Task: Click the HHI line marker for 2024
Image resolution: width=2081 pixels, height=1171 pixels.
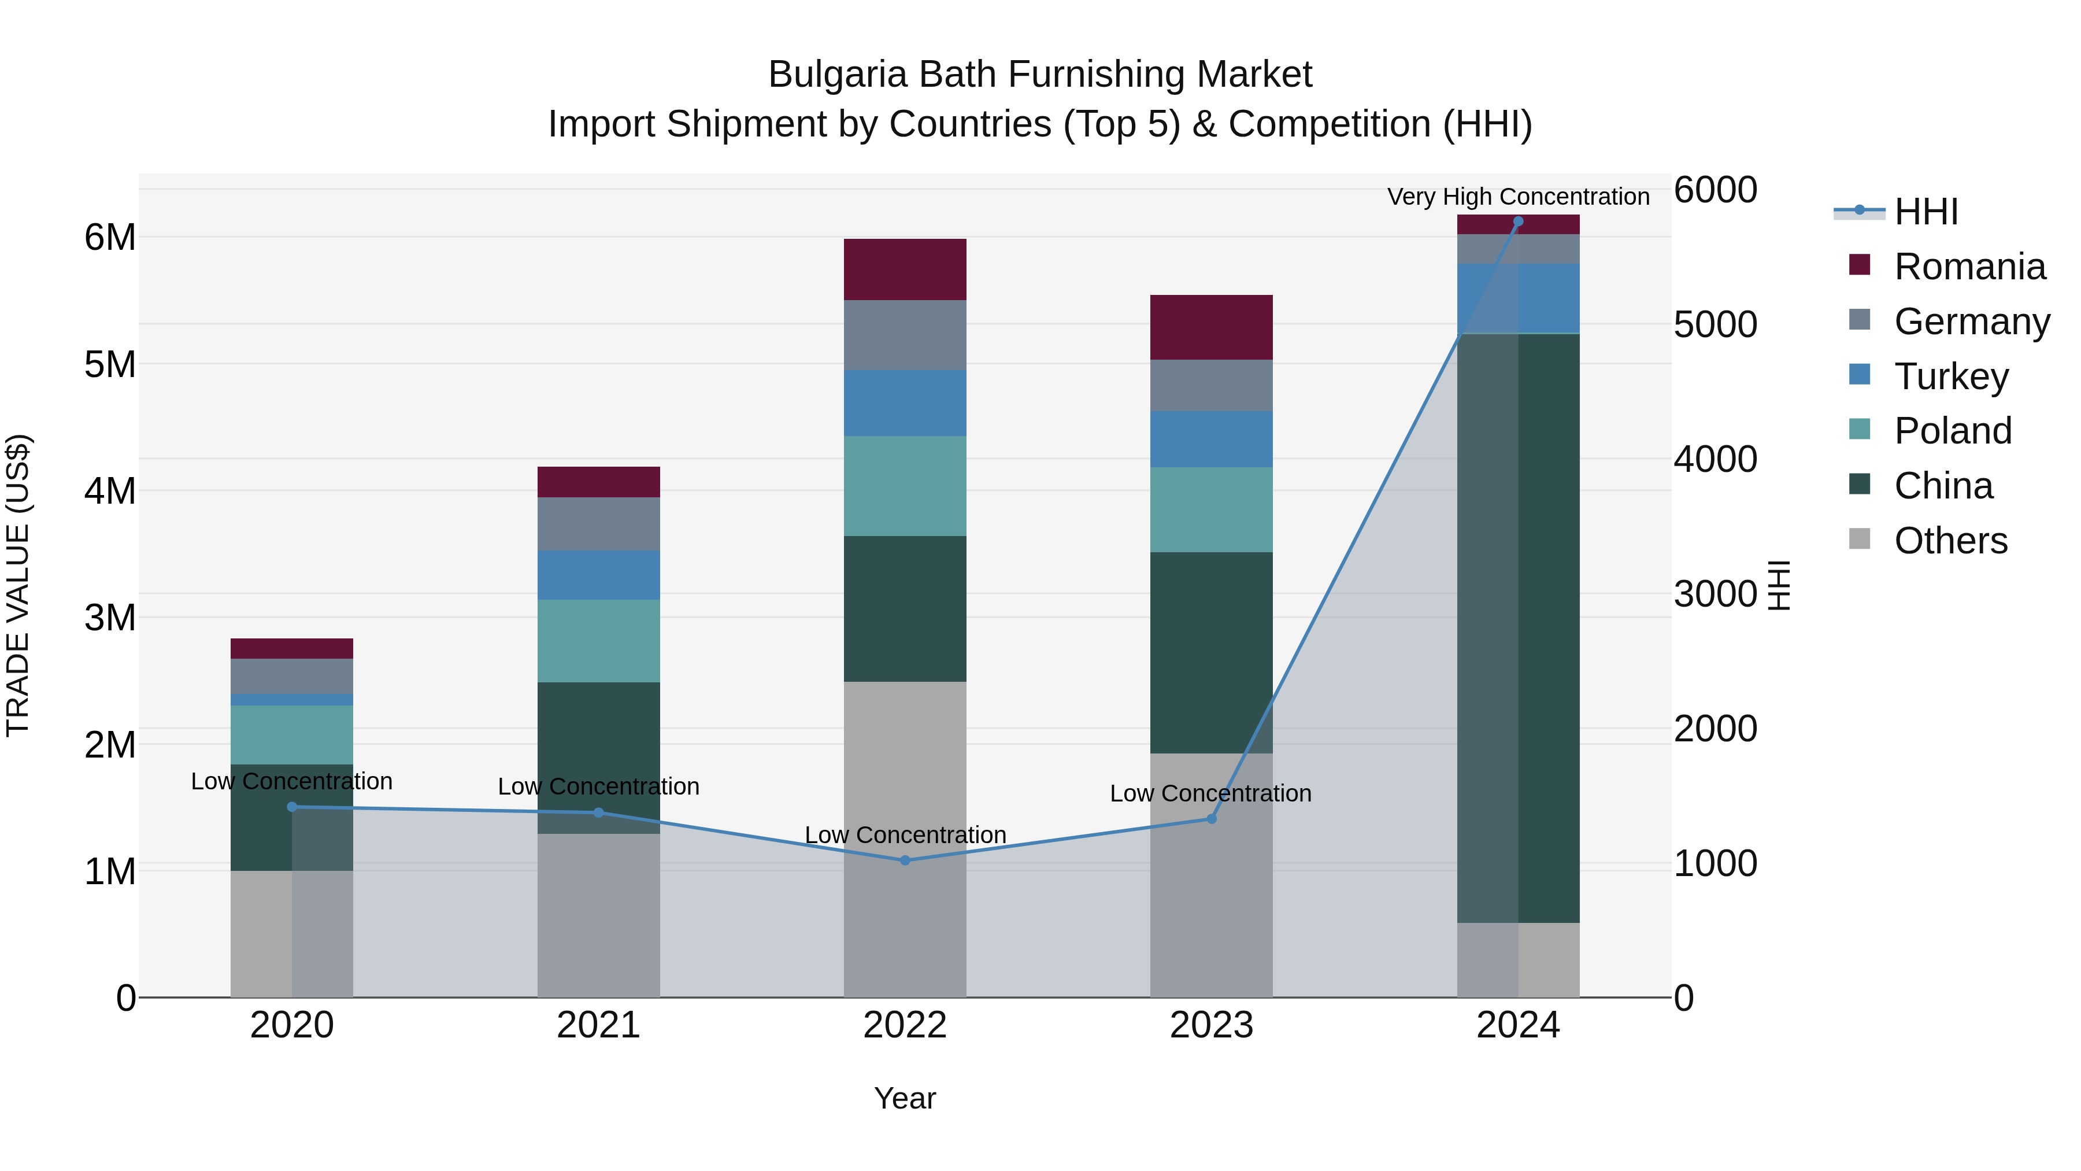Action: [x=1518, y=221]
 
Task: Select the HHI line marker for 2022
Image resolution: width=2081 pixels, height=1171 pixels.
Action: [x=905, y=860]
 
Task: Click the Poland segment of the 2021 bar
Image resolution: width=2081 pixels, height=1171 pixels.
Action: [x=599, y=641]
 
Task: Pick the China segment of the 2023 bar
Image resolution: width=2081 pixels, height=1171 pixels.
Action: [x=1211, y=652]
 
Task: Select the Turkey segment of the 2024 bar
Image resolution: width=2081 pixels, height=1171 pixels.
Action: [x=1518, y=298]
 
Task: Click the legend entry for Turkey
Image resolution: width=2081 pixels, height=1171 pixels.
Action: [x=1951, y=376]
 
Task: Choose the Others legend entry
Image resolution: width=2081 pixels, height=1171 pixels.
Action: [x=1950, y=541]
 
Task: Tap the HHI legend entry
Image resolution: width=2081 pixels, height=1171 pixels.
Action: [x=1926, y=212]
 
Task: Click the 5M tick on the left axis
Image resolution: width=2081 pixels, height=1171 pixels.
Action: [x=110, y=364]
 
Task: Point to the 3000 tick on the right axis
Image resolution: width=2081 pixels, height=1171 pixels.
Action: [x=1715, y=594]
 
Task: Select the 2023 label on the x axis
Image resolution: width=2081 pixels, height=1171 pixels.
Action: [x=1211, y=1025]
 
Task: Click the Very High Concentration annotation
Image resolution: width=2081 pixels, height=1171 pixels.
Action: [x=1518, y=197]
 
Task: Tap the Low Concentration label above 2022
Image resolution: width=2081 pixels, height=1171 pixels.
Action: [x=905, y=835]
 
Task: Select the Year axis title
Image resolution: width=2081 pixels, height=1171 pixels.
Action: [x=905, y=1098]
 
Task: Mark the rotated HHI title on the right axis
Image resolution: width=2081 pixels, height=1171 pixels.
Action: [x=1779, y=585]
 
